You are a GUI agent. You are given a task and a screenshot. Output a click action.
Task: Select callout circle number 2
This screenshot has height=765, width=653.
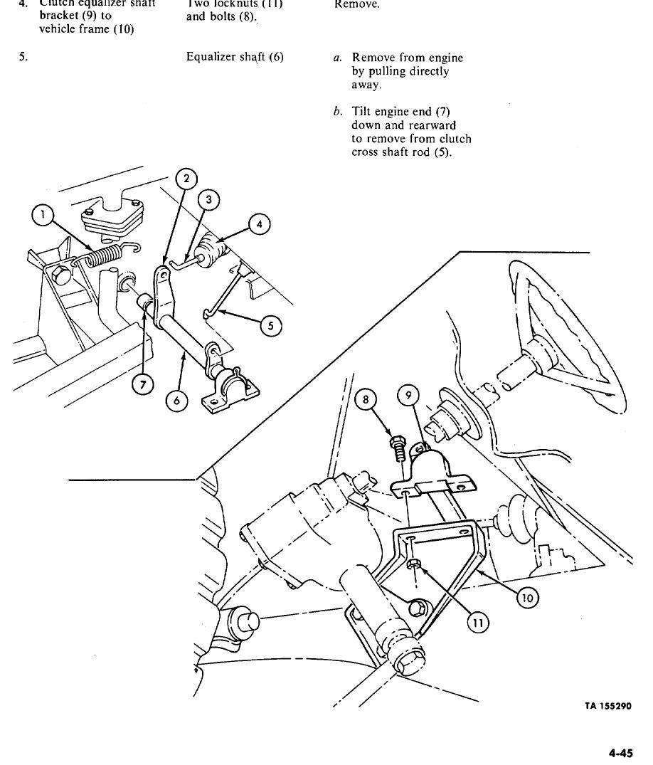[186, 179]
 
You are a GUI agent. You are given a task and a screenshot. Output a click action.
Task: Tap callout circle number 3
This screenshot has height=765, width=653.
[208, 200]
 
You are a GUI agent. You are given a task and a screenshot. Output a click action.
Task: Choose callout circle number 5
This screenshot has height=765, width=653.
[270, 327]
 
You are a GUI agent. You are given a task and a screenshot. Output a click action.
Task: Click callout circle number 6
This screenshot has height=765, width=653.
[176, 401]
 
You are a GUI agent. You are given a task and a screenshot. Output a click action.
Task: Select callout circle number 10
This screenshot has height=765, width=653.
[526, 598]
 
